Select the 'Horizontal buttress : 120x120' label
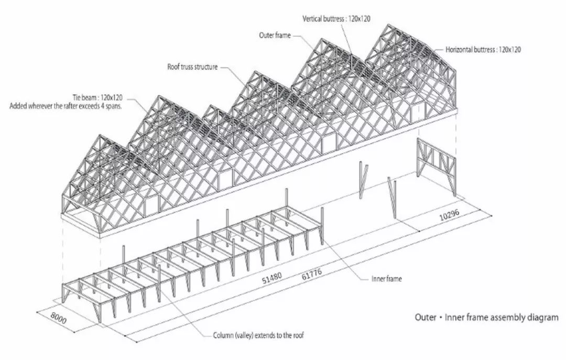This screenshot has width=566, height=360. coord(483,50)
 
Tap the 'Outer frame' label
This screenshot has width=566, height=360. coord(275,36)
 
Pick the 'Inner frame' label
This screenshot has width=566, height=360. coord(387,279)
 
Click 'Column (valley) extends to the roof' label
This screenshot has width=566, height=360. coord(258,335)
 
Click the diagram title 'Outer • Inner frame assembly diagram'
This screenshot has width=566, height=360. coord(486,318)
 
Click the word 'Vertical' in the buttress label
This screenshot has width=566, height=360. coord(315,19)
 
